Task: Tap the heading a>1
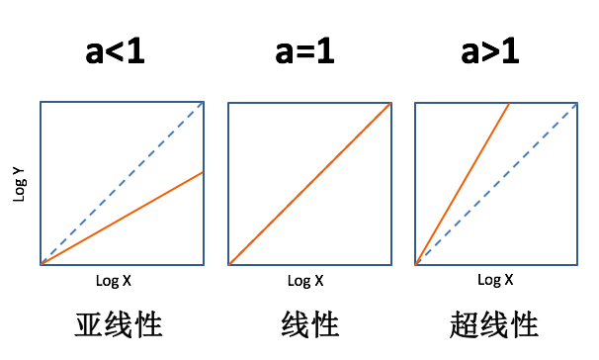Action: pos(495,51)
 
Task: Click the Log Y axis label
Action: pos(19,184)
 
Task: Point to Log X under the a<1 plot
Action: pos(114,281)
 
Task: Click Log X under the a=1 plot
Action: pos(305,281)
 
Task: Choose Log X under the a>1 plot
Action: pos(495,280)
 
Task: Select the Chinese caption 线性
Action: pos(306,325)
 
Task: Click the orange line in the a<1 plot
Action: pos(122,219)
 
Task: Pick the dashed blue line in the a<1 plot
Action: pos(122,184)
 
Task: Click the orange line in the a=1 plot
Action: pos(310,184)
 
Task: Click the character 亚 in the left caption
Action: pos(91,325)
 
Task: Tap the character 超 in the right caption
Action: pos(467,325)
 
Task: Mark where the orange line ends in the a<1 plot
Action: pos(203,172)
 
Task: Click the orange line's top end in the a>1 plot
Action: pos(509,103)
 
